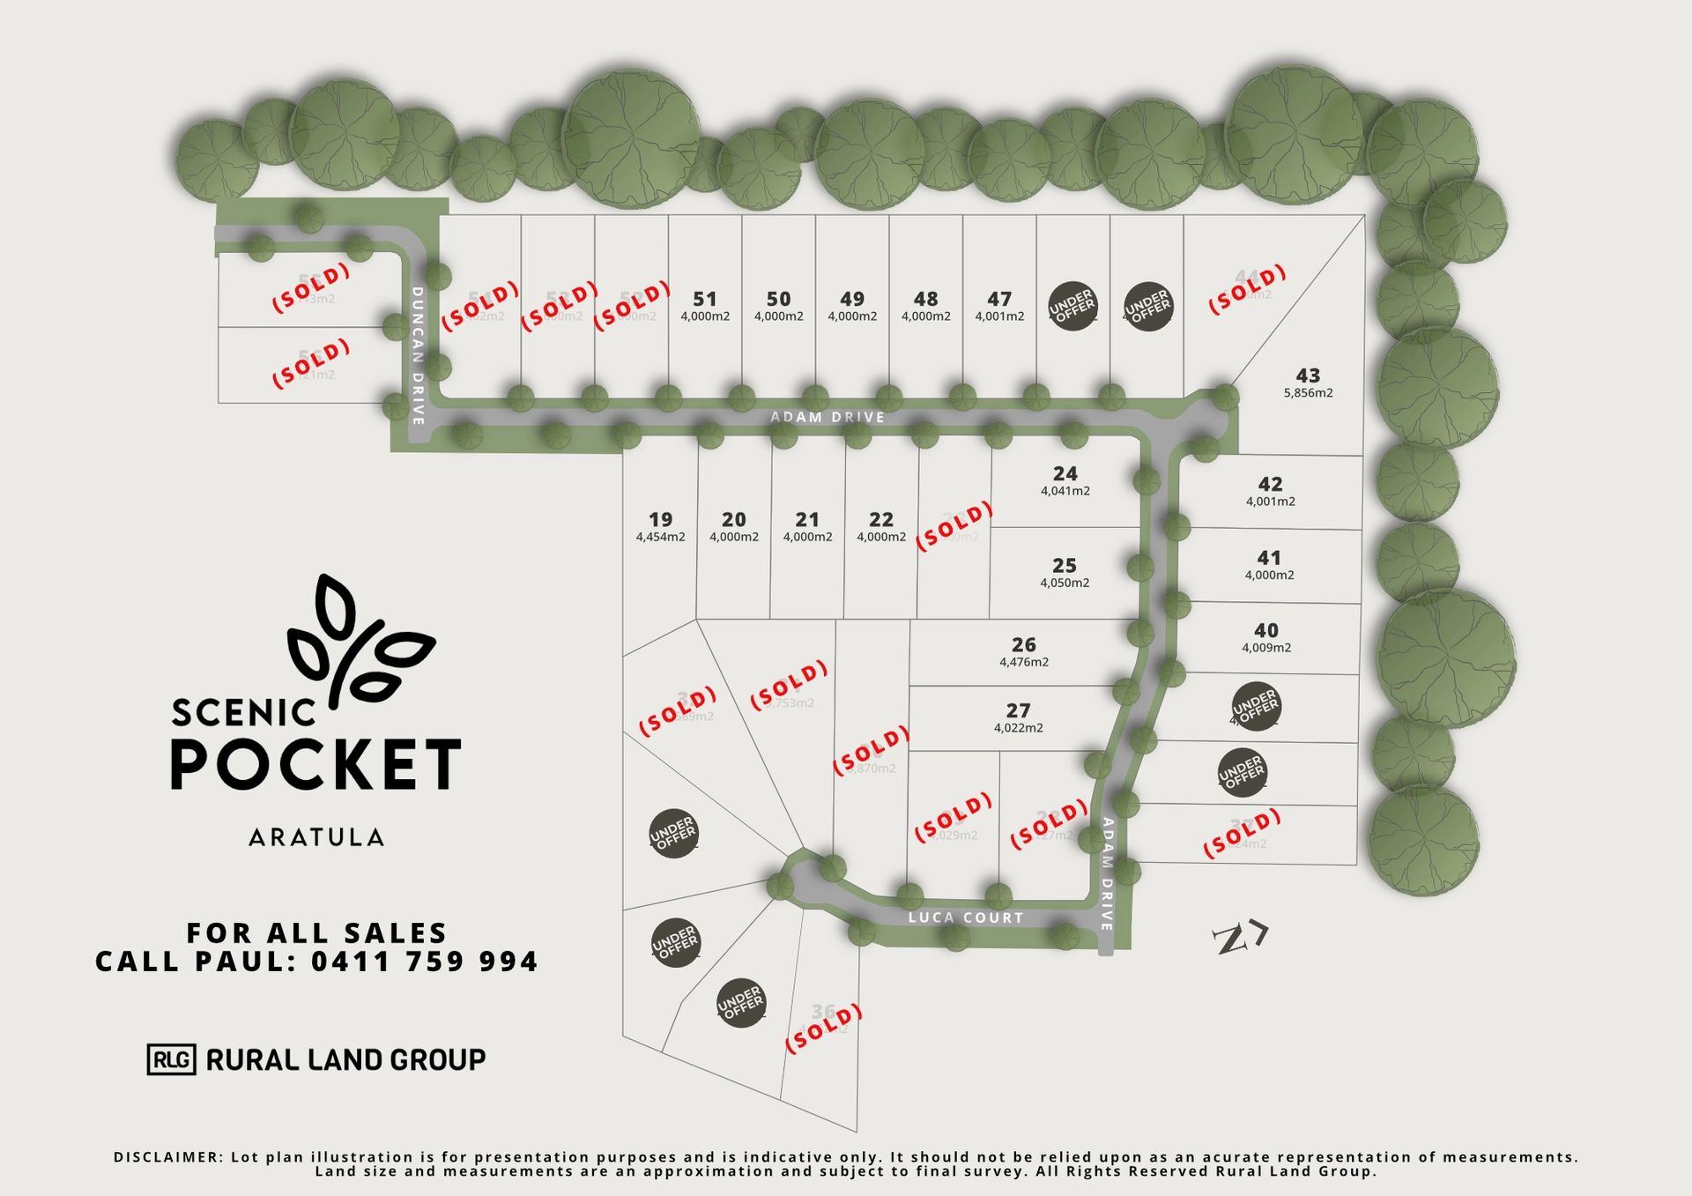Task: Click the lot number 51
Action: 705,300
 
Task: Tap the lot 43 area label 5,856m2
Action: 1308,393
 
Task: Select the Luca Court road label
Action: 966,917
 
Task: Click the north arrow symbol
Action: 1239,938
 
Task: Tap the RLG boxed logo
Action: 171,1059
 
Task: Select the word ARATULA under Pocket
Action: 316,837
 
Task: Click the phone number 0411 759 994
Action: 424,962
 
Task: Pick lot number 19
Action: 660,520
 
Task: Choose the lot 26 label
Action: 1023,645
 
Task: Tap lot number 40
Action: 1266,631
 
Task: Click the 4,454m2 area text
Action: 660,537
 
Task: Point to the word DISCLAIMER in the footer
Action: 167,1157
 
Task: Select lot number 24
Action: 1065,474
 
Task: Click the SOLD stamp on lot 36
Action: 823,1028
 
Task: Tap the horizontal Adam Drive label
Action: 827,417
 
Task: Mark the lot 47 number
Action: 999,300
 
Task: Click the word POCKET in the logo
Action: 315,764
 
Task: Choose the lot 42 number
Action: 1270,485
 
